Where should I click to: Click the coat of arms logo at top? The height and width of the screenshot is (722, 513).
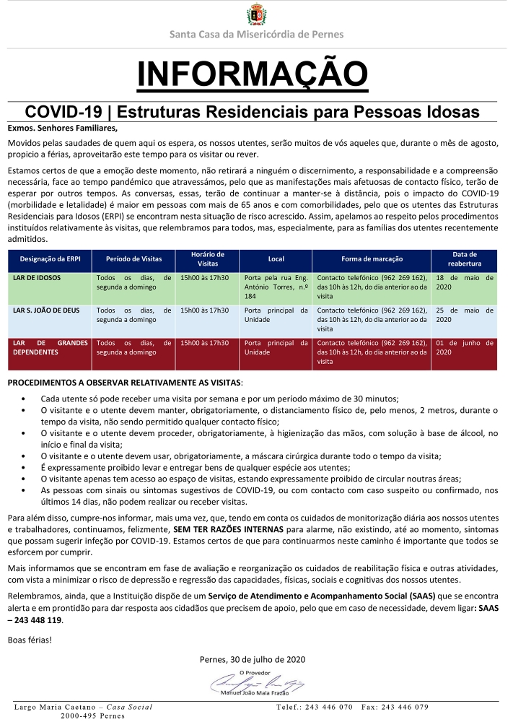coord(256,14)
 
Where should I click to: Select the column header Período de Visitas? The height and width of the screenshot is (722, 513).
coord(134,258)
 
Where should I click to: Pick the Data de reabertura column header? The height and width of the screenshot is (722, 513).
coord(465,258)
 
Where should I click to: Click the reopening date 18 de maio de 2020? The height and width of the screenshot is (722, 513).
coord(465,282)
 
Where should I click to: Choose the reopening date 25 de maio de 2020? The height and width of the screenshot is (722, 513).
coord(465,315)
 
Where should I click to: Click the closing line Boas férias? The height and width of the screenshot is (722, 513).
coord(30,640)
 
